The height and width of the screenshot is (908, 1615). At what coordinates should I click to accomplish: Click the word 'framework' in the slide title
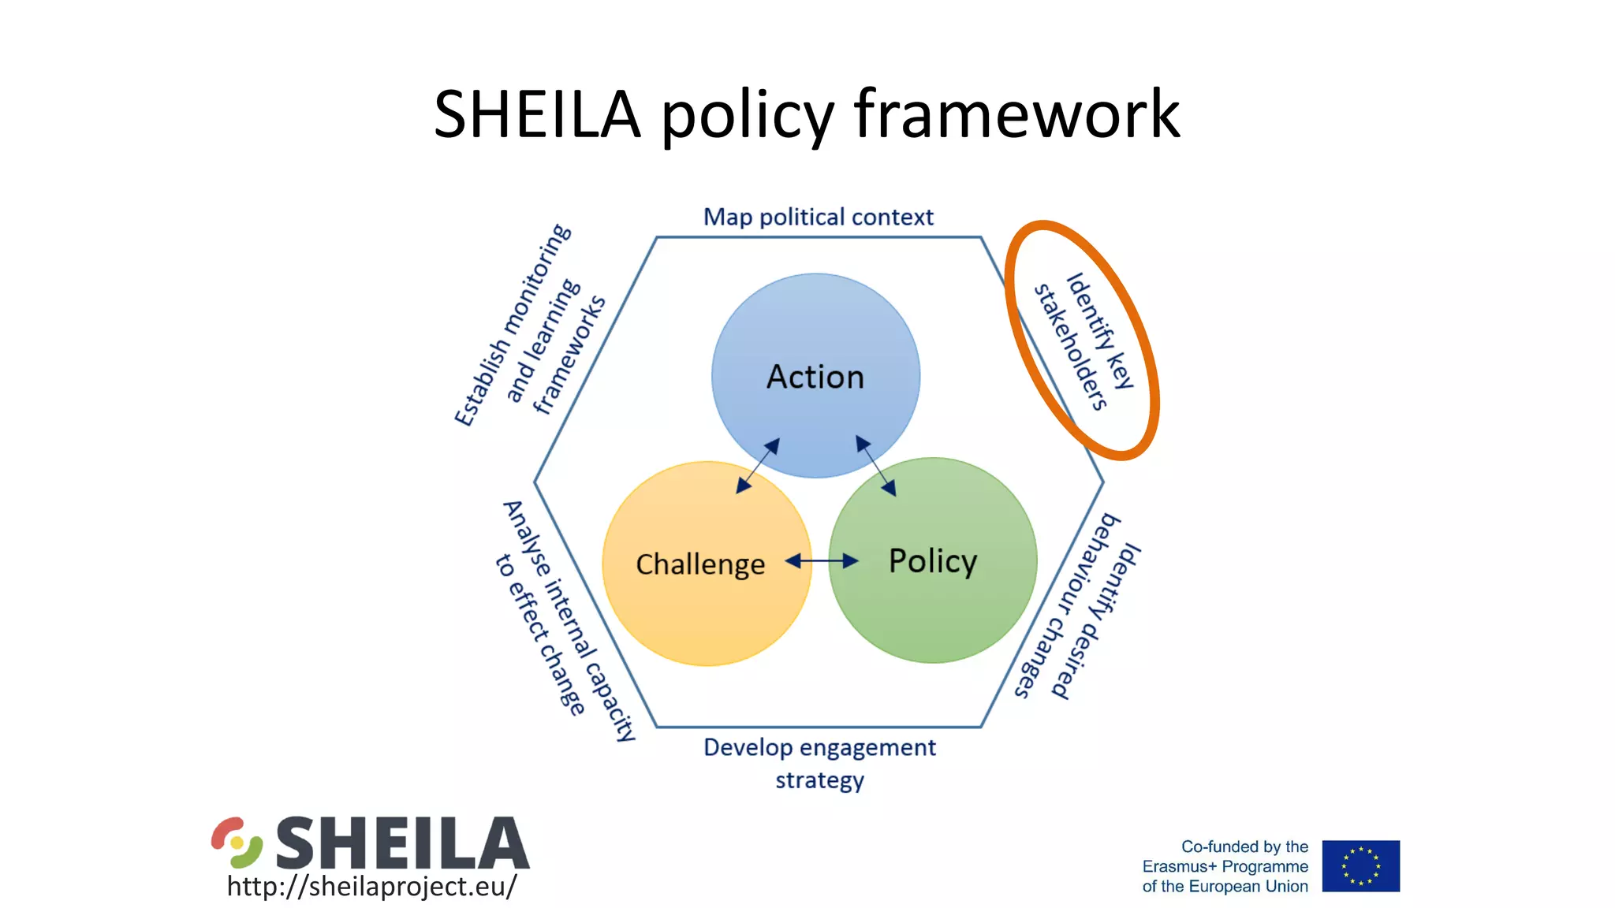pyautogui.click(x=1017, y=115)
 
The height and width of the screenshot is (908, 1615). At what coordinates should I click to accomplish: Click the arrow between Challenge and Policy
pyautogui.click(x=822, y=560)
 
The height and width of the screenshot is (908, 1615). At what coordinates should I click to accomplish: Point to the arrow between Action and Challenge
pyautogui.click(x=758, y=466)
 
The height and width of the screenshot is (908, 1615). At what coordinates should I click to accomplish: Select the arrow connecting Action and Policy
pyautogui.click(x=876, y=466)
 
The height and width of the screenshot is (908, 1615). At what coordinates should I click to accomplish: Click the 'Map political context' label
pyautogui.click(x=818, y=217)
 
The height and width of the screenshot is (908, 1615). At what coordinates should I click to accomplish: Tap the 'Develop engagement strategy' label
pyautogui.click(x=819, y=763)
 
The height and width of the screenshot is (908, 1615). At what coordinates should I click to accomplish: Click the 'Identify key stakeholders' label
pyautogui.click(x=1085, y=340)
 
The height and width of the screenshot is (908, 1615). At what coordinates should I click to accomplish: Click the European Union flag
pyautogui.click(x=1360, y=865)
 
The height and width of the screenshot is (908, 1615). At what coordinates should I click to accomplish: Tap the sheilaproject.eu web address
pyautogui.click(x=371, y=886)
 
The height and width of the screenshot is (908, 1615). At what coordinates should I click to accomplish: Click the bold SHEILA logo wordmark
pyautogui.click(x=402, y=843)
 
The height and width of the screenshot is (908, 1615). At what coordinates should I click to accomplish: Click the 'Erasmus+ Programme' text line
pyautogui.click(x=1225, y=866)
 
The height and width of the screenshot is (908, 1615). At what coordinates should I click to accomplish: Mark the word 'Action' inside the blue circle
pyautogui.click(x=815, y=377)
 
